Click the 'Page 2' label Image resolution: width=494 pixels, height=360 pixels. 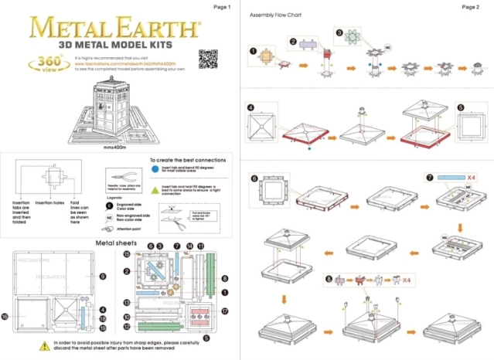tap(471, 7)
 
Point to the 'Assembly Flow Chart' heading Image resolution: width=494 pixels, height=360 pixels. tap(275, 16)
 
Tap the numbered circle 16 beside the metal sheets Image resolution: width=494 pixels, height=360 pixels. tap(5, 316)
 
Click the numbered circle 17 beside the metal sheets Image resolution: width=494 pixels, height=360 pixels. tap(226, 312)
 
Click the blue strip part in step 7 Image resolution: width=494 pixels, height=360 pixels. tap(440, 178)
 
